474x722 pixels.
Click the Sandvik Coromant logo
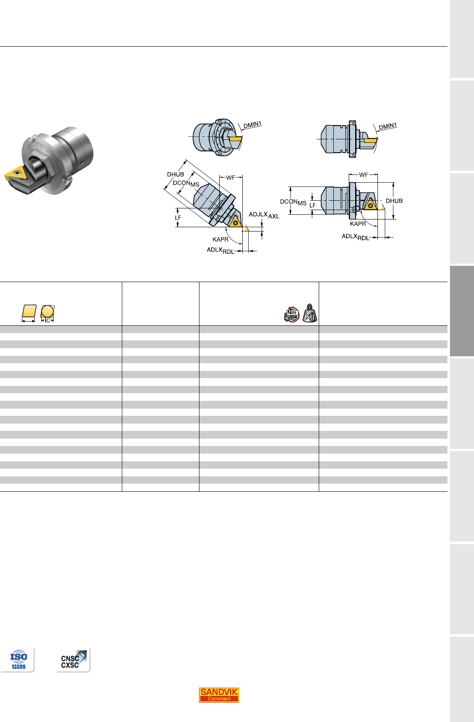click(x=219, y=695)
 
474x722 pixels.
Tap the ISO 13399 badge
click(x=18, y=660)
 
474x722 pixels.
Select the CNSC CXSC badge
click(x=74, y=659)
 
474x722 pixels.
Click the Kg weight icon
click(x=310, y=313)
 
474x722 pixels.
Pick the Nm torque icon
click(x=292, y=315)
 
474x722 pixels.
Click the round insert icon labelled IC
click(x=47, y=313)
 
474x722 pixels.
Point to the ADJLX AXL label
click(x=264, y=215)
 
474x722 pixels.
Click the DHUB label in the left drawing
click(x=175, y=174)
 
